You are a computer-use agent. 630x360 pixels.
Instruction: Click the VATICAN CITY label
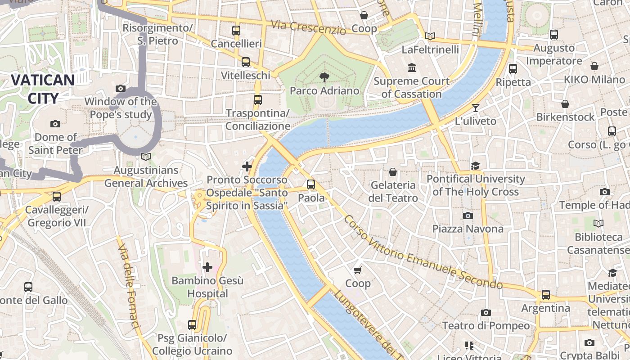tap(43, 89)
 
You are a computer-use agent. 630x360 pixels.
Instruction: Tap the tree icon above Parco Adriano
tap(324, 77)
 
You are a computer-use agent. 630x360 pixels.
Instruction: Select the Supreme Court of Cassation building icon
tap(411, 68)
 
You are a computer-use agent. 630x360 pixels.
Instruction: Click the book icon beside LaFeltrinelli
tap(430, 36)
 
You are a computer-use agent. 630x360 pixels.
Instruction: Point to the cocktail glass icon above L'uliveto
tap(476, 108)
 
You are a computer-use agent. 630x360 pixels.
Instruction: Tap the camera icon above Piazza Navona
tap(468, 216)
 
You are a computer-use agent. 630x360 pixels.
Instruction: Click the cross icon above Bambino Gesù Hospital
tap(207, 267)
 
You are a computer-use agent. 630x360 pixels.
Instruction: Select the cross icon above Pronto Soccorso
tap(247, 166)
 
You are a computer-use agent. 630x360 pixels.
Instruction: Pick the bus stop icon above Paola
tap(311, 184)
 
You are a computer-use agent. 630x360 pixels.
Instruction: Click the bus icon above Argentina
tap(546, 295)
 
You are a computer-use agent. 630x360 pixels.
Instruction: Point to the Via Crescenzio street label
tap(308, 27)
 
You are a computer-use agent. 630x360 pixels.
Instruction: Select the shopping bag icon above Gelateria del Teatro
tap(393, 172)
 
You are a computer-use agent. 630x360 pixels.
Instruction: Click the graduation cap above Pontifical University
tap(476, 166)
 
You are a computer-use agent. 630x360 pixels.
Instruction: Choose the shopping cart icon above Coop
tap(358, 270)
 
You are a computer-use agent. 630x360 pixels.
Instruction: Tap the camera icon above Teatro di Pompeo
tap(486, 312)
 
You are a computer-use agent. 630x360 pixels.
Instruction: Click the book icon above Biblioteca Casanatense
tap(598, 223)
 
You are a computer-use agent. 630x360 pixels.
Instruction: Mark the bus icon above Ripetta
tap(513, 69)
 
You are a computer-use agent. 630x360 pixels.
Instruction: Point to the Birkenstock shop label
tap(565, 117)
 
